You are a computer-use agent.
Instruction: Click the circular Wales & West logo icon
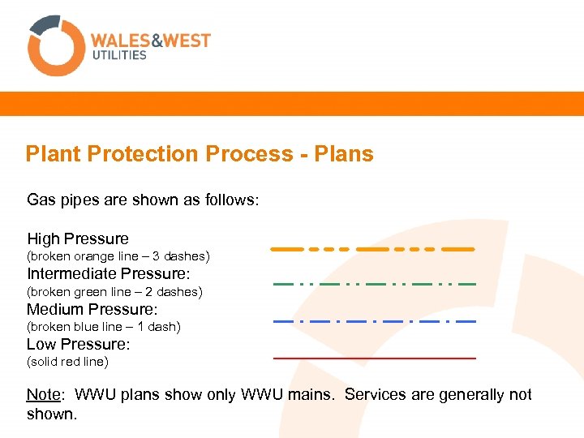click(56, 45)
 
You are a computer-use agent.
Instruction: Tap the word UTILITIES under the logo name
click(118, 55)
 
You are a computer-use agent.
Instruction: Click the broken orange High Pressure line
click(372, 249)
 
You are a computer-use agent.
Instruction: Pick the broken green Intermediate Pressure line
click(374, 285)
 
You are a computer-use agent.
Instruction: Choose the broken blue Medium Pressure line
click(374, 322)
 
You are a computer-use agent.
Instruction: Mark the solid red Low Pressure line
click(374, 358)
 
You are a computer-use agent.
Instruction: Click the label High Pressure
click(78, 238)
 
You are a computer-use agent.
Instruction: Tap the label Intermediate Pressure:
click(108, 274)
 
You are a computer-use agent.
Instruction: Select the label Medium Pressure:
click(92, 309)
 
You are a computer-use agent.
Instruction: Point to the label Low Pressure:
click(79, 344)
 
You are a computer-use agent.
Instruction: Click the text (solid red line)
click(67, 362)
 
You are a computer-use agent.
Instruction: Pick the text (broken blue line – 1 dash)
click(104, 327)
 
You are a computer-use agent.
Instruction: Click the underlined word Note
click(43, 395)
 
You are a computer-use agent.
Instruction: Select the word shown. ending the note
click(51, 414)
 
